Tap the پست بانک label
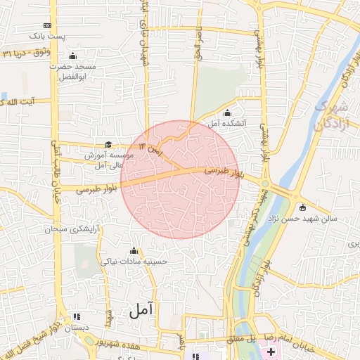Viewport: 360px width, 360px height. tap(46, 35)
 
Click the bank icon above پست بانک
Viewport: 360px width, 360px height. tap(47, 24)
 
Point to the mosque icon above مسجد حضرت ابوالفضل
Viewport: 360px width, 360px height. tap(72, 56)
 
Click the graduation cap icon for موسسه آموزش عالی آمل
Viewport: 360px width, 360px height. tap(108, 144)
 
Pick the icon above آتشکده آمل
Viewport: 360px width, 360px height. tap(226, 112)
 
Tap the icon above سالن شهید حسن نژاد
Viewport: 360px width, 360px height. tap(302, 207)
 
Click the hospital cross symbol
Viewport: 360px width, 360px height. tap(271, 350)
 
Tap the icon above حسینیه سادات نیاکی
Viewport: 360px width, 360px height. tap(134, 250)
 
